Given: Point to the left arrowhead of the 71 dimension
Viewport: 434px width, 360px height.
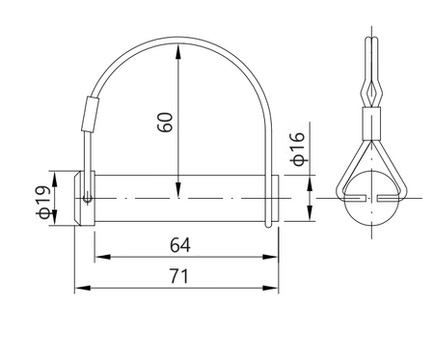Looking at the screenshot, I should [x=80, y=289].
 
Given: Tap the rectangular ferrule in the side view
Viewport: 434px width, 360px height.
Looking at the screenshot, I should [x=369, y=122].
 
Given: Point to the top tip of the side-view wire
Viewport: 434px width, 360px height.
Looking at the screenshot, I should [x=369, y=41].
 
